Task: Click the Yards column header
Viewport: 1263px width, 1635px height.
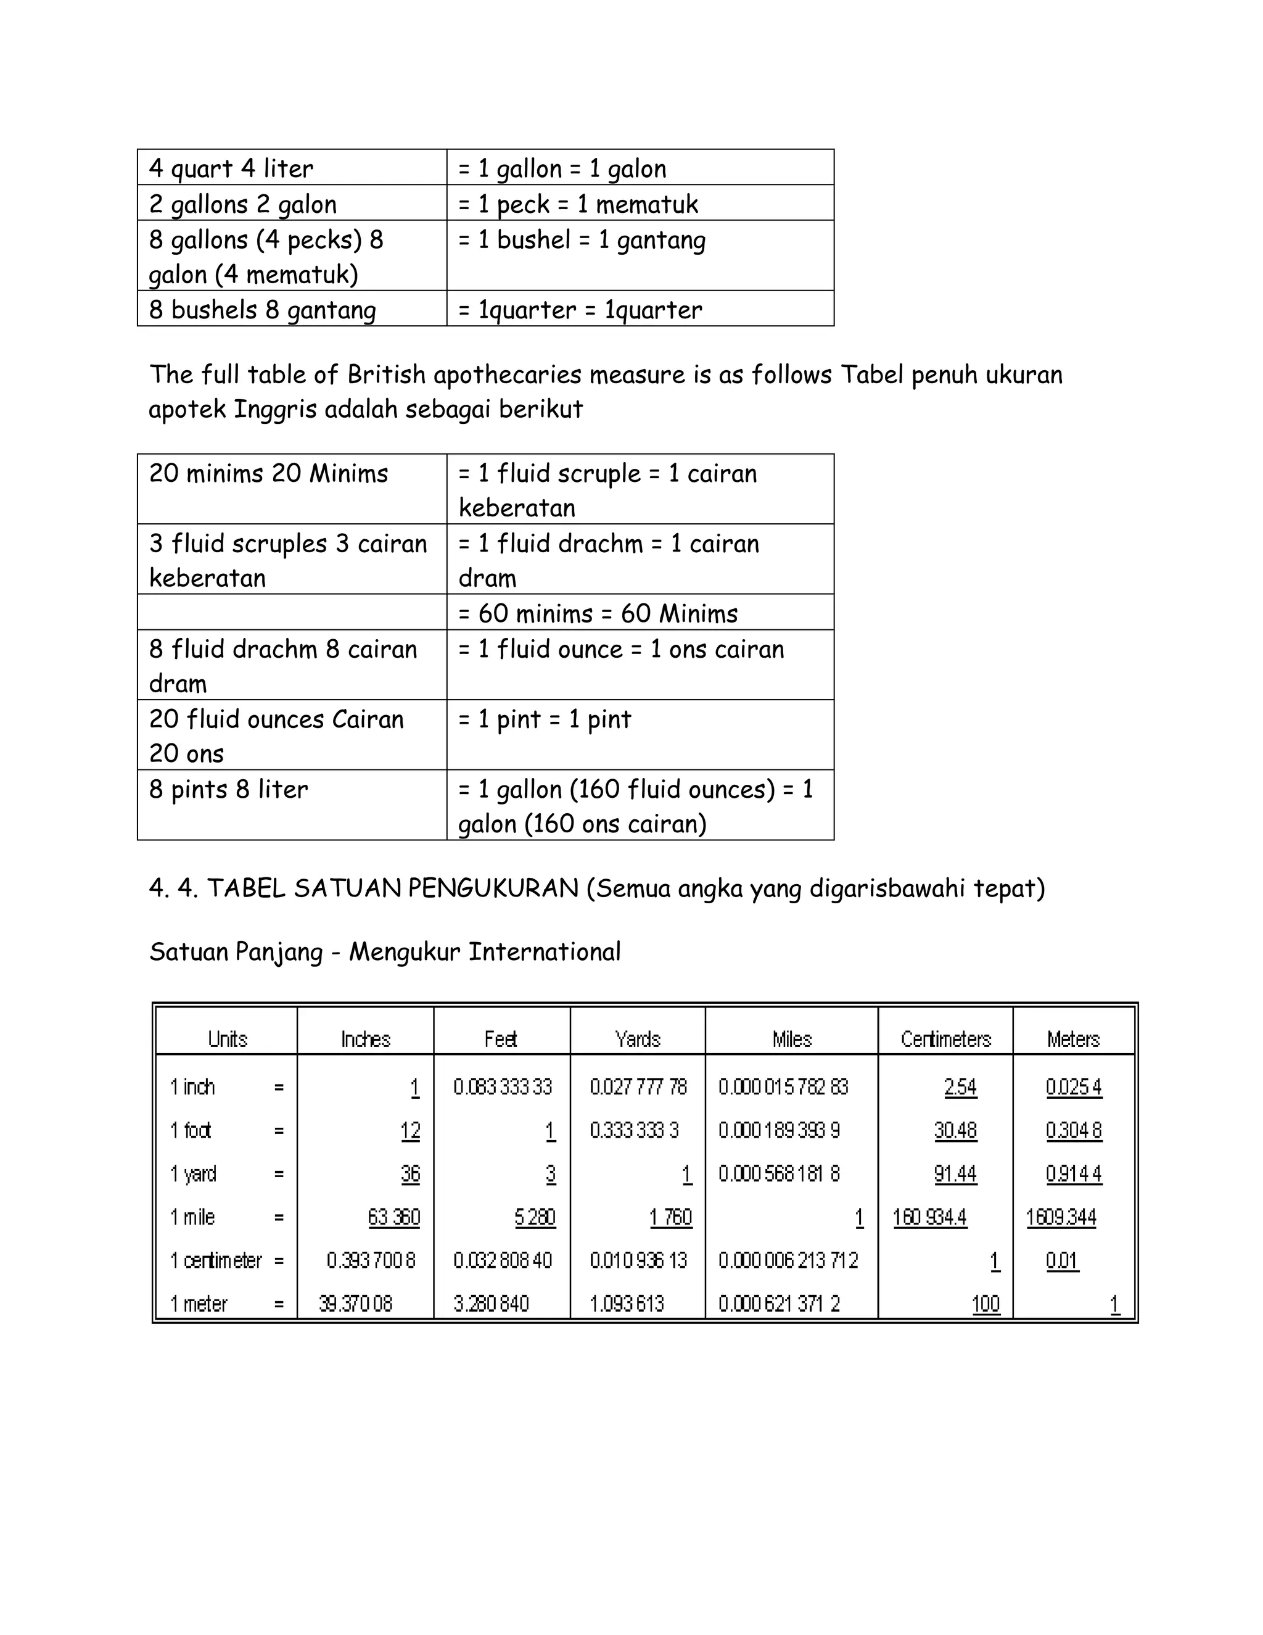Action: tap(638, 1039)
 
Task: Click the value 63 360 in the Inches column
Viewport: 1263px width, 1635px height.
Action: tap(393, 1217)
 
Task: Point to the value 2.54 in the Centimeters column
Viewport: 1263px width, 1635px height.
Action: tap(960, 1087)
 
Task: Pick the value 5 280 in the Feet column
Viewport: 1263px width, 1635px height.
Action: tap(534, 1217)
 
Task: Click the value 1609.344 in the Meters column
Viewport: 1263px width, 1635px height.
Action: tap(1061, 1217)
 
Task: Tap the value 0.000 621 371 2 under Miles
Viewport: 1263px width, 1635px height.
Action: tap(779, 1304)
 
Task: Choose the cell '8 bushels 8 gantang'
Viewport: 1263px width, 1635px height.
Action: tap(262, 310)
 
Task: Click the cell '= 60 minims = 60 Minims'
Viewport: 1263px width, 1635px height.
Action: tap(597, 613)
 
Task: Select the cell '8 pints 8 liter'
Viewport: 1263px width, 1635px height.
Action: tap(228, 789)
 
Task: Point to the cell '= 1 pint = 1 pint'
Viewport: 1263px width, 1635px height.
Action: tap(544, 719)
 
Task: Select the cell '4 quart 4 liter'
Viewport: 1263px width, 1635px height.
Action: tap(231, 168)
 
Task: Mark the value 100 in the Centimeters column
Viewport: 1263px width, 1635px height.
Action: tap(985, 1304)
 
